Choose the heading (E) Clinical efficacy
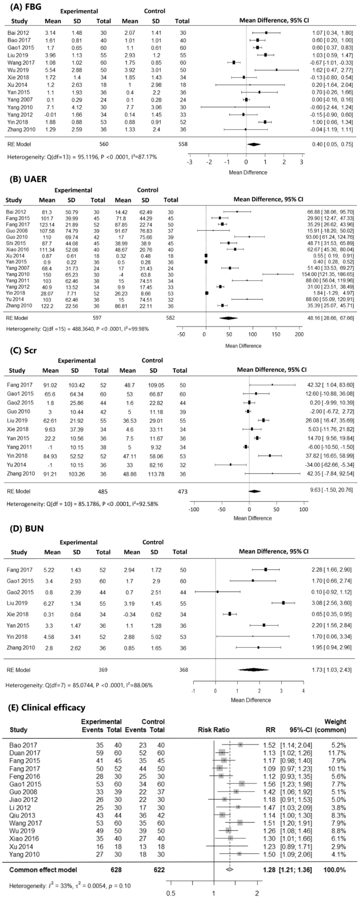[45, 708]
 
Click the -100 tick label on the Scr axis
[194, 509]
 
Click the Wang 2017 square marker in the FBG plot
[234, 62]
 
